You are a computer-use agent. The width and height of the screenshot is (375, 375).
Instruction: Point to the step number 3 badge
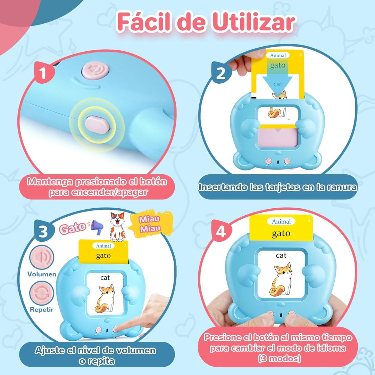(43, 232)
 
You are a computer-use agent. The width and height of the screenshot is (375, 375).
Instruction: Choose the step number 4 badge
(221, 232)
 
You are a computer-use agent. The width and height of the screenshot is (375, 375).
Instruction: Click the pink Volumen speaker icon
(42, 258)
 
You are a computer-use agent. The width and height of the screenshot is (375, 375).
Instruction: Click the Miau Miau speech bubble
(149, 224)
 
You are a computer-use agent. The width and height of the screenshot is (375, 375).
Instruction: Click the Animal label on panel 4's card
(281, 222)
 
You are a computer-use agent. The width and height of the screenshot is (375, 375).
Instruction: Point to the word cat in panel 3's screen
(105, 277)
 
